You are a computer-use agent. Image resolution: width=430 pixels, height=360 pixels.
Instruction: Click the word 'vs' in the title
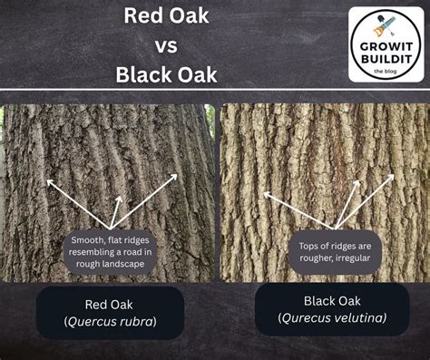click(166, 46)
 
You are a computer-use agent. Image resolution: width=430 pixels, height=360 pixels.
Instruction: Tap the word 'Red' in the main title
click(140, 15)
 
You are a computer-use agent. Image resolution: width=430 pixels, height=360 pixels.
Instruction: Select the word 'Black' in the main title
click(144, 74)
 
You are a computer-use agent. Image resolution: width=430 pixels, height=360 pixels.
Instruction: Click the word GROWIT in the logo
click(386, 47)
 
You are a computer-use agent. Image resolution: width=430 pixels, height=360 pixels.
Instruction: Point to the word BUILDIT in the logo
click(386, 59)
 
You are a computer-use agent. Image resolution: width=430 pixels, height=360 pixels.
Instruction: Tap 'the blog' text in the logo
click(386, 72)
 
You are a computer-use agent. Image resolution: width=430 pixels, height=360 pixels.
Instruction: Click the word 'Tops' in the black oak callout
click(308, 247)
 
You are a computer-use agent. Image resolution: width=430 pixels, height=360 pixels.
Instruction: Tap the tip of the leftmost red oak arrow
click(47, 180)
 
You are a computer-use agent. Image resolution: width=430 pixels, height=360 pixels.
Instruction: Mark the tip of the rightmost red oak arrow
click(177, 174)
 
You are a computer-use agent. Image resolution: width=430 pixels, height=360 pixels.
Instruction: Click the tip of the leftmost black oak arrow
click(264, 192)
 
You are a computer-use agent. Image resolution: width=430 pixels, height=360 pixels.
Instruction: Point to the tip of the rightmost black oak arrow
click(394, 175)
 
